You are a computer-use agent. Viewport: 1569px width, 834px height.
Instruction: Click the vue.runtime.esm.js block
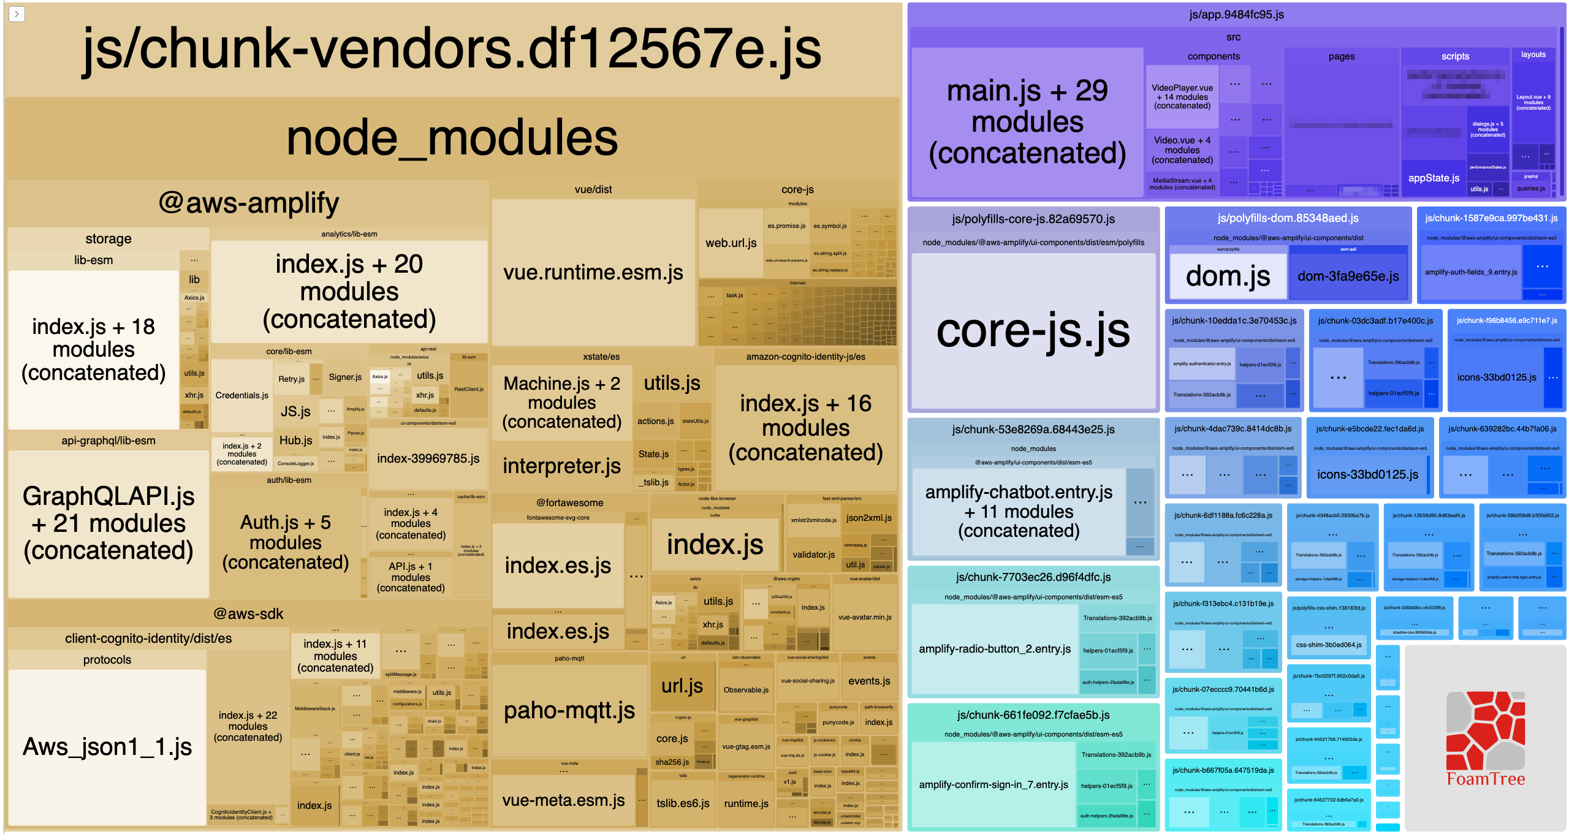pyautogui.click(x=593, y=272)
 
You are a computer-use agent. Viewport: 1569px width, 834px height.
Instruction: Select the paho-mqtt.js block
pyautogui.click(x=569, y=711)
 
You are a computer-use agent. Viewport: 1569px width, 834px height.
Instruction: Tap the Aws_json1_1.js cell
pyautogui.click(x=107, y=746)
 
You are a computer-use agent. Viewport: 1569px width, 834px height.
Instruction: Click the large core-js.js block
pyautogui.click(x=1033, y=331)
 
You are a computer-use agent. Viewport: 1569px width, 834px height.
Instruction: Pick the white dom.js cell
pyautogui.click(x=1228, y=276)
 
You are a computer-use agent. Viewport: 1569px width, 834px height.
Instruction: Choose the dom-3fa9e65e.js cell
pyautogui.click(x=1348, y=276)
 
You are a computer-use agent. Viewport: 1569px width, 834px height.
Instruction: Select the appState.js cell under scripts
pyautogui.click(x=1434, y=178)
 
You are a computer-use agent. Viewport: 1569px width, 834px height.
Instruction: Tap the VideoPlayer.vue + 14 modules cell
pyautogui.click(x=1182, y=97)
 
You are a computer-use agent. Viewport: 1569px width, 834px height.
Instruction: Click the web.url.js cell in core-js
pyautogui.click(x=731, y=243)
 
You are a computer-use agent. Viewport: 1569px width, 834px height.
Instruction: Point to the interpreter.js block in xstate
pyautogui.click(x=561, y=466)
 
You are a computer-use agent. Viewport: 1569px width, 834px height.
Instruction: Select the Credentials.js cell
pyautogui.click(x=241, y=395)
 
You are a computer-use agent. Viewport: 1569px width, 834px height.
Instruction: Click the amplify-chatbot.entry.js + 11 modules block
pyautogui.click(x=1018, y=511)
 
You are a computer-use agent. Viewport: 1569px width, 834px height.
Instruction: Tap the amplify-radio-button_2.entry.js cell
pyautogui.click(x=994, y=649)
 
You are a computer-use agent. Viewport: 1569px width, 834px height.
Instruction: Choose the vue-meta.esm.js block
pyautogui.click(x=563, y=800)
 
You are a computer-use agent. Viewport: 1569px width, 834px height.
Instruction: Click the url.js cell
pyautogui.click(x=682, y=686)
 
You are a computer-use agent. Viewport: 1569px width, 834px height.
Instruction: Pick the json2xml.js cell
pyautogui.click(x=868, y=518)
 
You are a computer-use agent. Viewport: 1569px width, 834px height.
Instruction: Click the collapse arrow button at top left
pyautogui.click(x=17, y=13)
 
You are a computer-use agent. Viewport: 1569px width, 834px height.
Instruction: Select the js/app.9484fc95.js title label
pyautogui.click(x=1236, y=14)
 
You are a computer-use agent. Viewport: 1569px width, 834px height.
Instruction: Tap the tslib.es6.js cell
pyautogui.click(x=683, y=803)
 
